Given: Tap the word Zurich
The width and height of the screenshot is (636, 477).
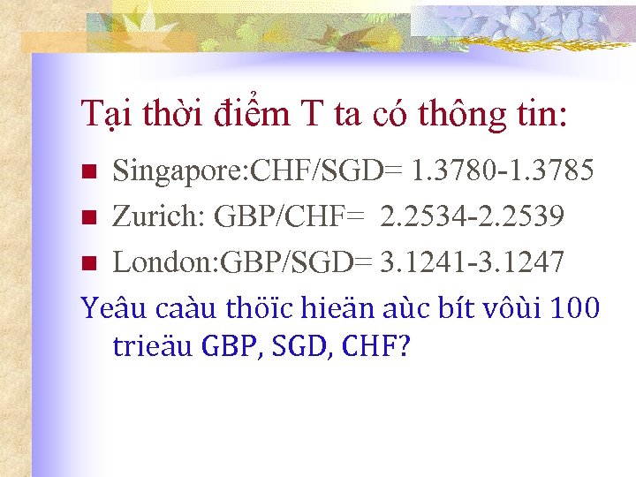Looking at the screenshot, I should click(148, 216).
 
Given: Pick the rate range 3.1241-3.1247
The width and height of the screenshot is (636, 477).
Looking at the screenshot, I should click(472, 262).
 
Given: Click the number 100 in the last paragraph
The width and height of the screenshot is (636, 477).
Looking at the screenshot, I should click(574, 308).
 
